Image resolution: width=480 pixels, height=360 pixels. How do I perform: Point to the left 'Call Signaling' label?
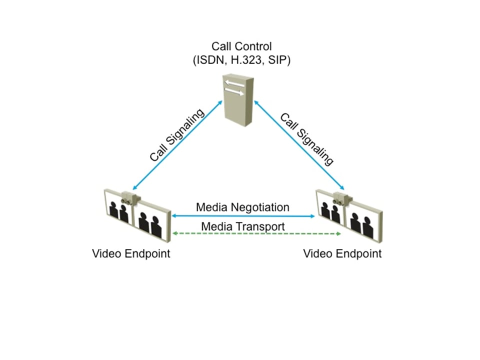177,134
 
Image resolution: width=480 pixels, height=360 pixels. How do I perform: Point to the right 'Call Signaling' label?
306,138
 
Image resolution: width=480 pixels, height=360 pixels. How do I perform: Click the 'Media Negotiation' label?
242,206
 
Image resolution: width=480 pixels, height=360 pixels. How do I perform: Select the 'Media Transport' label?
242,226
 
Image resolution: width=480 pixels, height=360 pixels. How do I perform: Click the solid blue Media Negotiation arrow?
242,215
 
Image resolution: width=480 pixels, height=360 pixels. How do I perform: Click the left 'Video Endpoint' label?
131,253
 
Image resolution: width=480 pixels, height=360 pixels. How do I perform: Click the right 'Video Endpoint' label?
342,253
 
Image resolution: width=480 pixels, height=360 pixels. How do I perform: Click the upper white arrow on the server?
234,83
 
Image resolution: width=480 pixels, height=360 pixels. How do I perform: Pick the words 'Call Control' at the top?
241,46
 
